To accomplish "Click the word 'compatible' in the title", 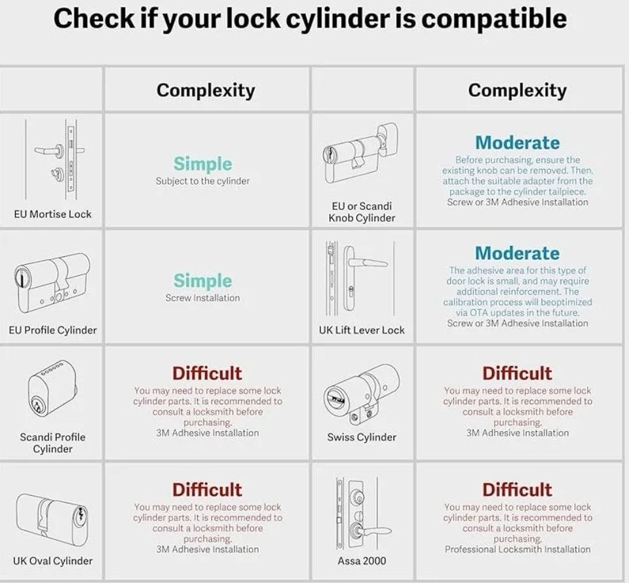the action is pos(494,19).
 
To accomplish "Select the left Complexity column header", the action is pos(206,90).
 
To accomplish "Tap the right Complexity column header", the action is pos(517,90).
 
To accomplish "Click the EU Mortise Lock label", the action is pos(52,214).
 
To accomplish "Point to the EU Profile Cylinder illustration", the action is pos(52,283).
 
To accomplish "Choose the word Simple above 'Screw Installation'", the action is pos(202,280).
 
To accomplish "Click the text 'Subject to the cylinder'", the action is pos(202,181).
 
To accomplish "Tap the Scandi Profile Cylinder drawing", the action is pos(52,387).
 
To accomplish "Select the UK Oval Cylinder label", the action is pos(52,561).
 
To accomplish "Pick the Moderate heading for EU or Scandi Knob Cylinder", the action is pos(517,143).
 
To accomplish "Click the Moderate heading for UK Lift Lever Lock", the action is pos(517,254).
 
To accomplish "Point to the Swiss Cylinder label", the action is pos(362,437).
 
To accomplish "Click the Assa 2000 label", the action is pos(362,561).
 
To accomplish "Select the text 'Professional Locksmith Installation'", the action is pos(518,550).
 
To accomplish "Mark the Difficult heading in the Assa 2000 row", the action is pos(517,490).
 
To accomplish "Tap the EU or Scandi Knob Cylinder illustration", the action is pos(360,153).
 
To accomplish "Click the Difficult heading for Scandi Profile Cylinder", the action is pos(207,373).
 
